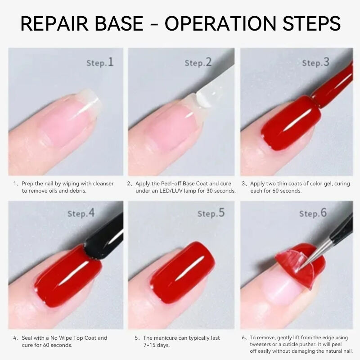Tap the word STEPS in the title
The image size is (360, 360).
311,23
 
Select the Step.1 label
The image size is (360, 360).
100,63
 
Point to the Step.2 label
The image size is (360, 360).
198,63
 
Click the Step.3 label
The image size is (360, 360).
316,63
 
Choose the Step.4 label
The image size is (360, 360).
81,213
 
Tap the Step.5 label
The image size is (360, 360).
211,213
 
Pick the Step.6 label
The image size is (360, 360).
313,213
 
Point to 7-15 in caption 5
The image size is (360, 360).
150,345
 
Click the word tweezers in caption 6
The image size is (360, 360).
260,345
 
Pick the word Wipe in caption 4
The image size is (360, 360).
65,338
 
